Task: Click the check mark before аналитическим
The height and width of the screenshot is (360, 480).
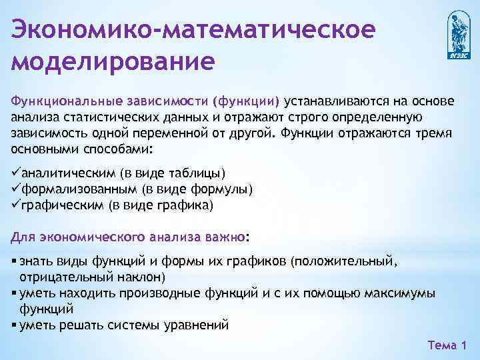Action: tap(16, 173)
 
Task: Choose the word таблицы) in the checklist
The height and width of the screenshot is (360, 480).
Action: tap(199, 173)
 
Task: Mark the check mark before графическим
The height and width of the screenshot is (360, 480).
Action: tap(16, 205)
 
